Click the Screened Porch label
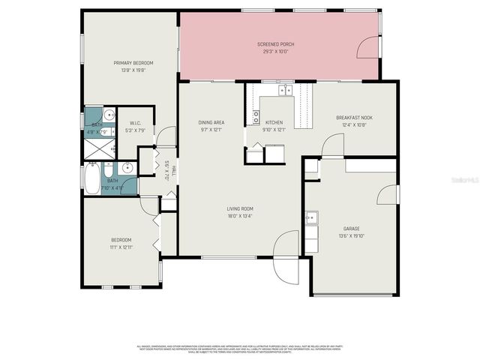[277, 44]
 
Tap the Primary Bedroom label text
[133, 62]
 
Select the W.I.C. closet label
[136, 123]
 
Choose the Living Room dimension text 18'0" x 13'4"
[241, 216]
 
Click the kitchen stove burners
[256, 117]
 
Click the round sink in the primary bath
[109, 115]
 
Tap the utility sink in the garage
[311, 218]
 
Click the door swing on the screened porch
[369, 50]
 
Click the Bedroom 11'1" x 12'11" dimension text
[121, 246]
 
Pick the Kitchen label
[273, 122]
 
